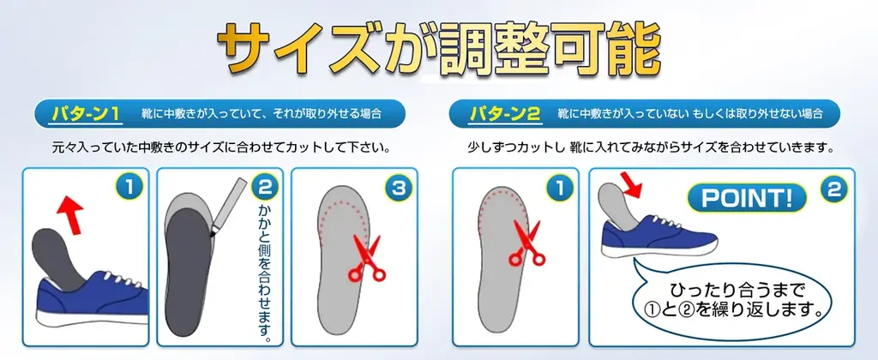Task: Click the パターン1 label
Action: tap(86, 114)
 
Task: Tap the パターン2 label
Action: tap(505, 114)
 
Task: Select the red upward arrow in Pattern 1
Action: tap(70, 214)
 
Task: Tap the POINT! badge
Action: tap(747, 198)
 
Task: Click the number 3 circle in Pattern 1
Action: tap(398, 188)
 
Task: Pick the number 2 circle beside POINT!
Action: tap(833, 189)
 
